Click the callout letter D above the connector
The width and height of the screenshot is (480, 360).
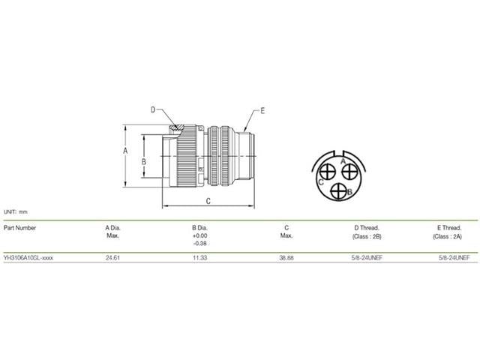[153, 110]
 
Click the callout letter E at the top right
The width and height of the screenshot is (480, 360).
[262, 111]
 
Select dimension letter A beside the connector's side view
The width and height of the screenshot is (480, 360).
[125, 151]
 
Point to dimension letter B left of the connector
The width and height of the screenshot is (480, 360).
[143, 162]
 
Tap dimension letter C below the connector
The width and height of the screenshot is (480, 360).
[208, 201]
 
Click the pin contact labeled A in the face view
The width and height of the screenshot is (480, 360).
[349, 172]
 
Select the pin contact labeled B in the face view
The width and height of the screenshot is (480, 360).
[338, 191]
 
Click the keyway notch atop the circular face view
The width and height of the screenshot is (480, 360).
[338, 153]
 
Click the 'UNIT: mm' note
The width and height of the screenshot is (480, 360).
[16, 211]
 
